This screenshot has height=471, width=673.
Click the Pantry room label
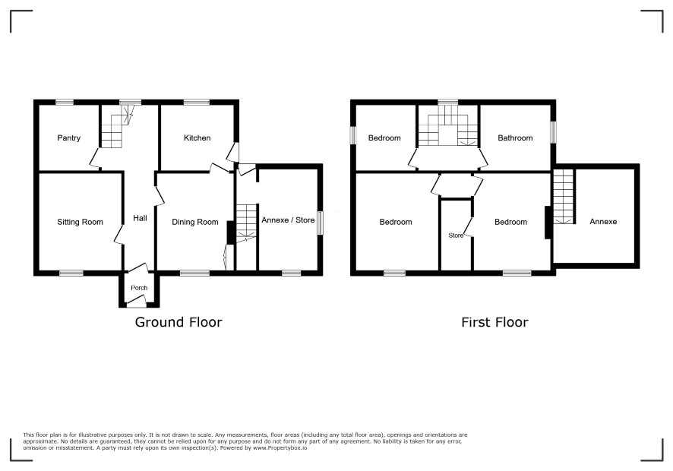68,138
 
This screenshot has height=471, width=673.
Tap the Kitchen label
197,138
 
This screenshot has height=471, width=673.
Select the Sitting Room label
80,222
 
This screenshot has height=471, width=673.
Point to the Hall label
140,218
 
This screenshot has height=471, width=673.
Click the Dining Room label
195,222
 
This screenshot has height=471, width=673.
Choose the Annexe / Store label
288,220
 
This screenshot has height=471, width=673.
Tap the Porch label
139,288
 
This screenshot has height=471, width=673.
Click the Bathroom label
515,138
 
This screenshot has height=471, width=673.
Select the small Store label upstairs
456,235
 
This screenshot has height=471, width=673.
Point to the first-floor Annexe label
603,222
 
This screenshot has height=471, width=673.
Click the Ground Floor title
179,322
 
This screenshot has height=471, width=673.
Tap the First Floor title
494,322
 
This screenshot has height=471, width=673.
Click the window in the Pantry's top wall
65,103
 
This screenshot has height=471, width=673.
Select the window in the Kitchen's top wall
197,103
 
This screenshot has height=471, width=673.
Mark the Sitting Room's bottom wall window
71,273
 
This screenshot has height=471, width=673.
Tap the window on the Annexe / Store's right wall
321,223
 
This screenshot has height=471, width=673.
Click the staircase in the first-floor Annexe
564,196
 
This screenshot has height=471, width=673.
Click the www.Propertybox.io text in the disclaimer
280,447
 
